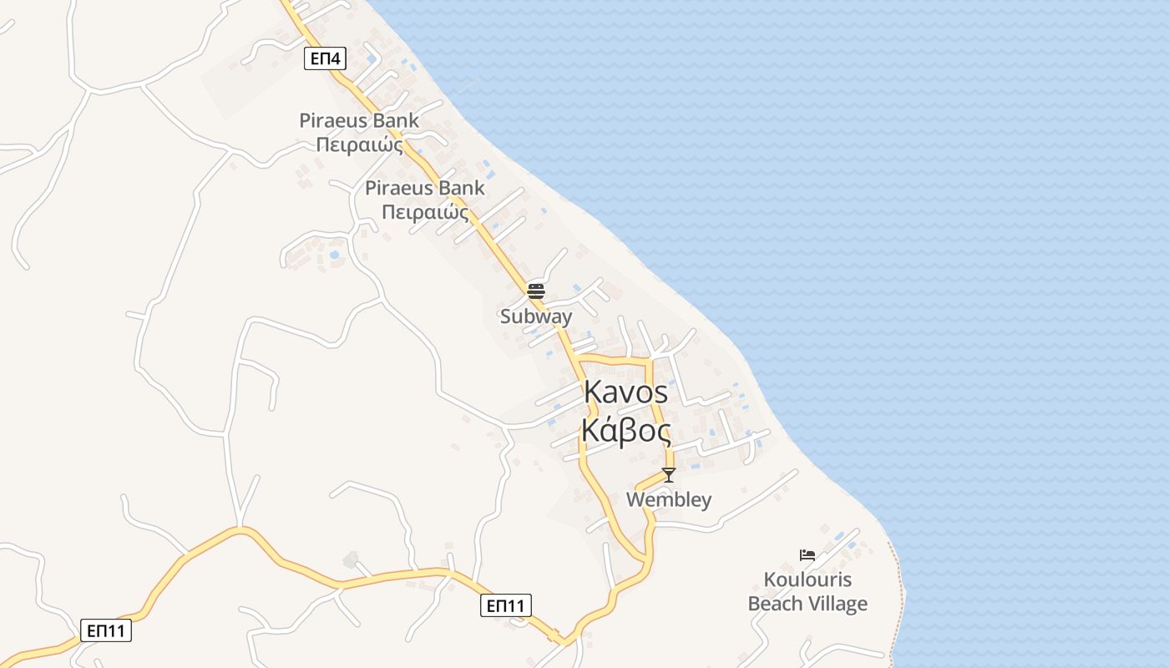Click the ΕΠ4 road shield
point(325,58)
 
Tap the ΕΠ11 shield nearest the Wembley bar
point(506,605)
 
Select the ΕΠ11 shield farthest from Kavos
point(107,630)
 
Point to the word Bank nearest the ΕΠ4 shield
point(395,120)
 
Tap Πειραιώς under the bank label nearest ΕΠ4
point(359,144)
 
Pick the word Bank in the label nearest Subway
point(461,188)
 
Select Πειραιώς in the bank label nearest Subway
point(425,212)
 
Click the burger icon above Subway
point(536,291)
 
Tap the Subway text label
point(536,316)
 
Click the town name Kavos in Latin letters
point(626,392)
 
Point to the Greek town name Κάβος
point(626,432)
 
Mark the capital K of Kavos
point(593,392)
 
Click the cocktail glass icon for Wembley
point(669,475)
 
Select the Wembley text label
point(669,500)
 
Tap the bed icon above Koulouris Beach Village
point(807,554)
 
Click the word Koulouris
point(807,579)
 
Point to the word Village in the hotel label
point(840,604)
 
